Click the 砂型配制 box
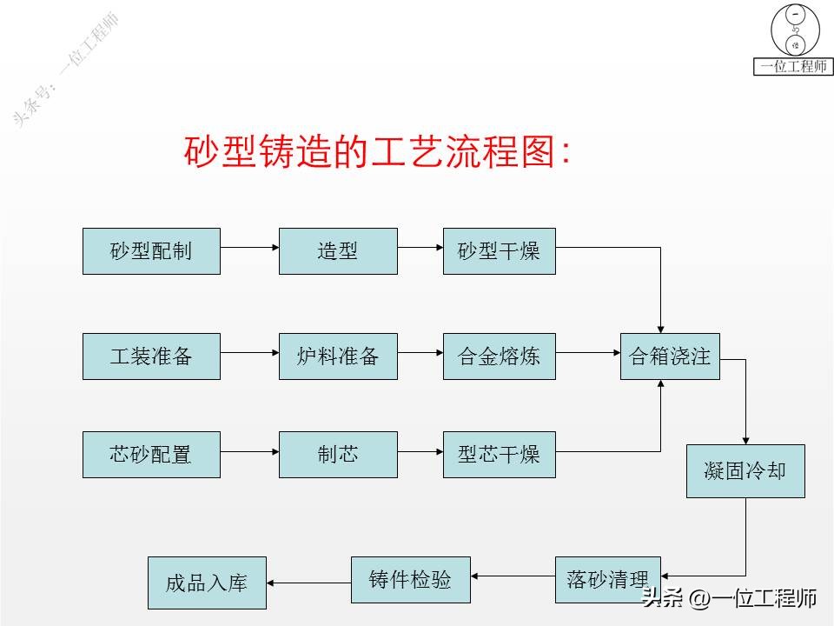tap(151, 251)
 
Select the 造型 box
tap(338, 251)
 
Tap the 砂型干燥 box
tap(499, 251)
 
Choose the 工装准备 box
tap(151, 356)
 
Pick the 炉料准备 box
tap(338, 356)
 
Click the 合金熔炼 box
tap(499, 356)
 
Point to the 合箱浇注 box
tap(670, 356)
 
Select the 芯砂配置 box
tap(151, 454)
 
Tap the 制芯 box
tap(338, 454)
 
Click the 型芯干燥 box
tap(499, 454)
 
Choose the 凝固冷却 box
tap(745, 470)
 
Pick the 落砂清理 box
tap(607, 580)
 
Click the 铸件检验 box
tap(411, 580)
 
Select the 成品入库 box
tap(207, 583)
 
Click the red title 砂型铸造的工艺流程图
tap(378, 152)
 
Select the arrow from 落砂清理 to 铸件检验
tap(513, 576)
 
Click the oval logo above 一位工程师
tap(794, 30)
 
